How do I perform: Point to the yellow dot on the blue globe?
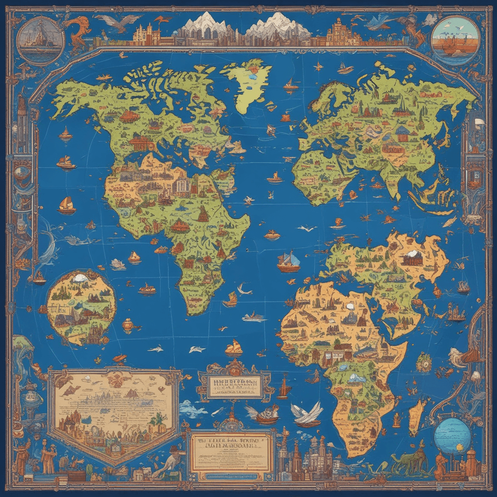coord(460,448)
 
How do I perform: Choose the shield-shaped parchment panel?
coord(115,414)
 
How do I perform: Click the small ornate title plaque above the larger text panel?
coord(234,384)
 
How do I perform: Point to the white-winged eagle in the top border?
coord(118,21)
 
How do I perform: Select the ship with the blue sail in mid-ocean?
coord(289,262)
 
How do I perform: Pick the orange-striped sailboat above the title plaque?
coord(234,348)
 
